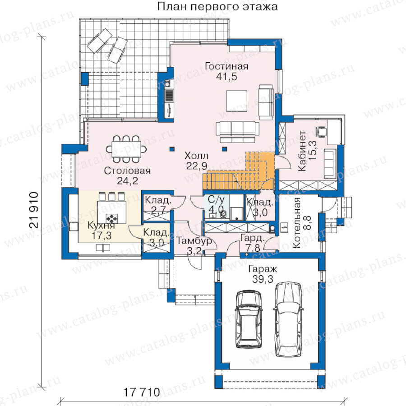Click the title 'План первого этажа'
pyautogui.click(x=217, y=7)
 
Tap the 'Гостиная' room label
pyautogui.click(x=226, y=66)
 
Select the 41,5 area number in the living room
pyautogui.click(x=226, y=77)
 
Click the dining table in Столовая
pyautogui.click(x=126, y=149)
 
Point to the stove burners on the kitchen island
pyautogui.click(x=112, y=218)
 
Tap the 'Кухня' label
pyautogui.click(x=101, y=225)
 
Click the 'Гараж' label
pyautogui.click(x=263, y=269)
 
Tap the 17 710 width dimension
pyautogui.click(x=141, y=392)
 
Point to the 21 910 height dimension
pyautogui.click(x=34, y=210)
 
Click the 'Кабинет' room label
pyautogui.click(x=302, y=151)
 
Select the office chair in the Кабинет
pyautogui.click(x=321, y=131)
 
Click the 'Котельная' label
pyautogui.click(x=296, y=223)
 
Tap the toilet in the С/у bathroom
pyautogui.click(x=223, y=214)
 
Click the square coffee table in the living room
pyautogui.click(x=237, y=101)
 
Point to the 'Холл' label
pyautogui.click(x=196, y=156)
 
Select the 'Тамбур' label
pyautogui.click(x=194, y=241)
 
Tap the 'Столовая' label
pyautogui.click(x=127, y=171)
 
